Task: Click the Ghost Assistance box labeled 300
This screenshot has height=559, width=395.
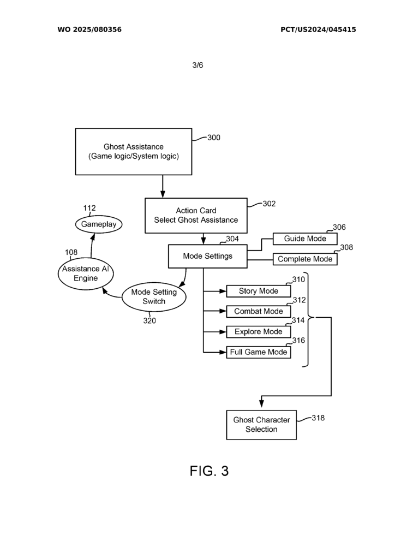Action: pyautogui.click(x=134, y=151)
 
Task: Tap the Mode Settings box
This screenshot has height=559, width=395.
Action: pyautogui.click(x=207, y=256)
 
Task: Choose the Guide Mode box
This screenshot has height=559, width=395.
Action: pyautogui.click(x=305, y=239)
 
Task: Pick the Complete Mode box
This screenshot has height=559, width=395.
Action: pyautogui.click(x=305, y=259)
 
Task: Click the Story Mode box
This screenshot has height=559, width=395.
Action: pyautogui.click(x=258, y=291)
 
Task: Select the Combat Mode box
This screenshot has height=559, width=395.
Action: pyautogui.click(x=258, y=311)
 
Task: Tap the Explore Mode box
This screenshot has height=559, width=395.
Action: pyautogui.click(x=258, y=332)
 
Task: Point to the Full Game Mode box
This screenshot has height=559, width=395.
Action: pyautogui.click(x=258, y=352)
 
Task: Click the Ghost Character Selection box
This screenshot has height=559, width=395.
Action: pyautogui.click(x=261, y=425)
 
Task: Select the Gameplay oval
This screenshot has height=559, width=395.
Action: pyautogui.click(x=99, y=224)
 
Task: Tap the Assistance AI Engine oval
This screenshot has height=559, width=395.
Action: pyautogui.click(x=86, y=273)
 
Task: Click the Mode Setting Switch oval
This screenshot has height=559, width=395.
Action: pyautogui.click(x=154, y=297)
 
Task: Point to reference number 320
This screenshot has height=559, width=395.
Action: pyautogui.click(x=149, y=320)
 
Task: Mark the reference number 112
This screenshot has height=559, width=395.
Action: pyautogui.click(x=89, y=208)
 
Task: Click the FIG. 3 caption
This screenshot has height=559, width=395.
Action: pyautogui.click(x=209, y=471)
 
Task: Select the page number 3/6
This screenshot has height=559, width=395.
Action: pyautogui.click(x=197, y=65)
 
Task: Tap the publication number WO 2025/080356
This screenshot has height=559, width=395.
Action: pyautogui.click(x=89, y=29)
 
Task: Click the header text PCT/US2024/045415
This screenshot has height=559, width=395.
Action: pyautogui.click(x=318, y=29)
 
